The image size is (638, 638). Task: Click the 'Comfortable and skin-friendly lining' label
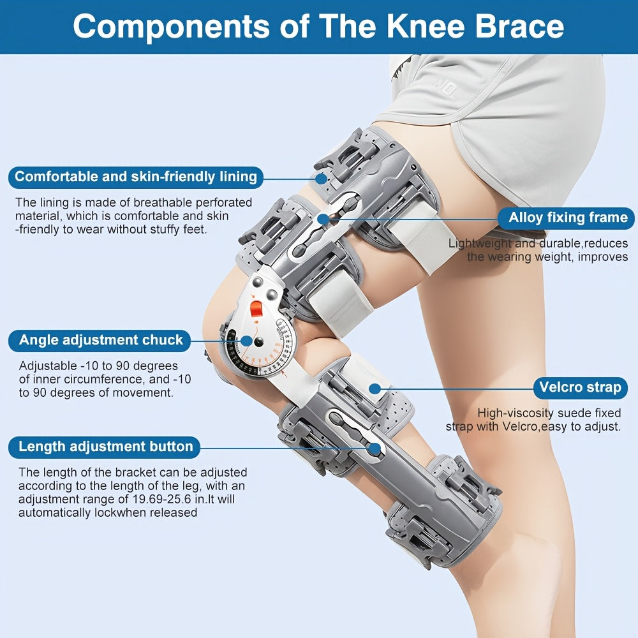click(136, 177)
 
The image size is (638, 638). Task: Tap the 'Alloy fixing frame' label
click(567, 218)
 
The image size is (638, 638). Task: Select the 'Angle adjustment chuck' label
click(100, 340)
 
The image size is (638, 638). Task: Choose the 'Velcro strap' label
click(580, 387)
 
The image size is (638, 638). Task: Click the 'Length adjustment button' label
click(105, 447)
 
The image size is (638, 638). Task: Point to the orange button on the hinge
click(256, 309)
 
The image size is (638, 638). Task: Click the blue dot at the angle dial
click(246, 341)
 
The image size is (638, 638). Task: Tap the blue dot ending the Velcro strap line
click(375, 389)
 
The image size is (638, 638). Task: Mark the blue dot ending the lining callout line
click(321, 178)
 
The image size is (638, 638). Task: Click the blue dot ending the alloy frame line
click(323, 219)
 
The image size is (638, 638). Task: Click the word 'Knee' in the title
click(425, 26)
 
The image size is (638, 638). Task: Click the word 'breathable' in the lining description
click(162, 203)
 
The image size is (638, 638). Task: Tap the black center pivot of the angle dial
click(258, 343)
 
